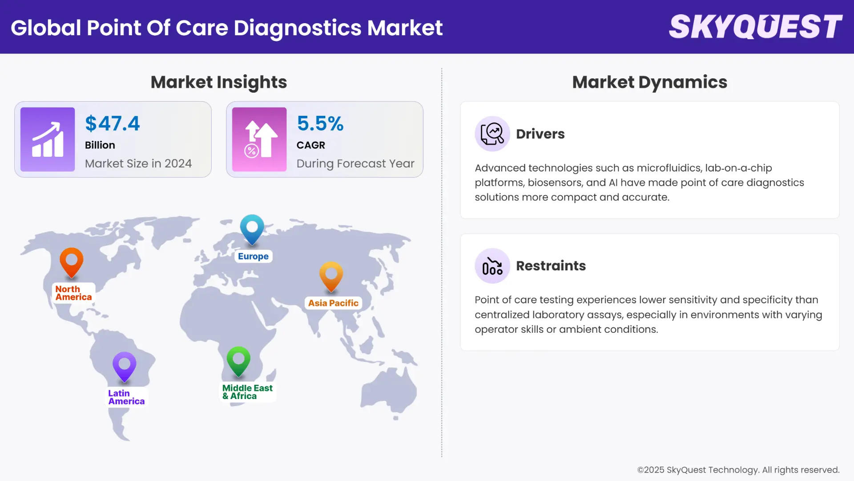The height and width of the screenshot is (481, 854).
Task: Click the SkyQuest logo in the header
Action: (x=755, y=27)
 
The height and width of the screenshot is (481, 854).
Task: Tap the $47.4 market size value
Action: (x=113, y=123)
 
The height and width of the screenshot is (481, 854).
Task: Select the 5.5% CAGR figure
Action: (x=320, y=123)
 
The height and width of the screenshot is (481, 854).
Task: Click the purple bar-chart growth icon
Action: (x=48, y=139)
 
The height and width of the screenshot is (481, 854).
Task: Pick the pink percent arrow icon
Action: (x=259, y=139)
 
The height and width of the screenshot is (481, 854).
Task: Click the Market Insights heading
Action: (x=218, y=82)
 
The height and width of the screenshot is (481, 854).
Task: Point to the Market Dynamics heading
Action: (x=649, y=82)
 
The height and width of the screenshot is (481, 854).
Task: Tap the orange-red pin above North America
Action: (x=72, y=262)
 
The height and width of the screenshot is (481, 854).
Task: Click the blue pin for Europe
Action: (x=252, y=228)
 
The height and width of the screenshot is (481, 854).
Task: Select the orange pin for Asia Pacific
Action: (x=331, y=275)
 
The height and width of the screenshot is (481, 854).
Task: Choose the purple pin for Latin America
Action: (x=125, y=366)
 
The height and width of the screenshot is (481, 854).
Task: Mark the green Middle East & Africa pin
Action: (x=238, y=360)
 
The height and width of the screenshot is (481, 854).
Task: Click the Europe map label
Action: (x=253, y=257)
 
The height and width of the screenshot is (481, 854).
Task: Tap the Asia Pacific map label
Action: (x=333, y=303)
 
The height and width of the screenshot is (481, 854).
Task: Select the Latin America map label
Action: (x=126, y=397)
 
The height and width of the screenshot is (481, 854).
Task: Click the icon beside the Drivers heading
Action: (x=492, y=134)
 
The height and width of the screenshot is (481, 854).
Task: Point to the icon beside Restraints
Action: (x=492, y=266)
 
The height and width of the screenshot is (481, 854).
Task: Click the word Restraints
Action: (x=551, y=266)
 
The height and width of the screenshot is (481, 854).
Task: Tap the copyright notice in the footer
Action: (x=738, y=470)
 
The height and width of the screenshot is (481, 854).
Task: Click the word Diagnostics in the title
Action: (x=298, y=28)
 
